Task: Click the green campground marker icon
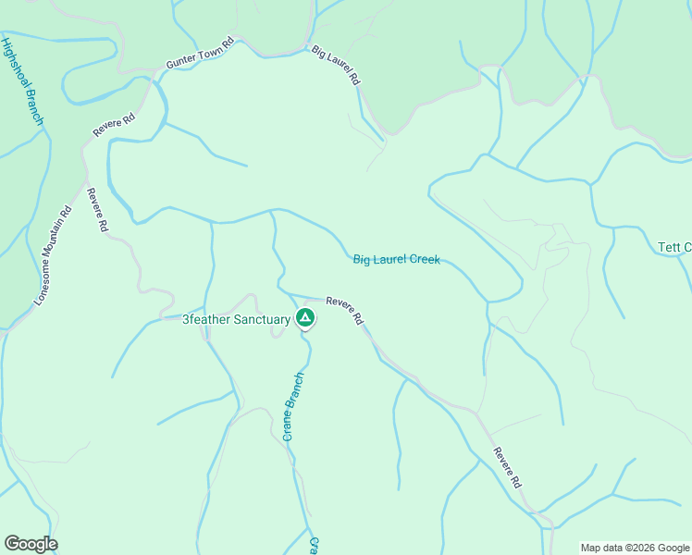pos(305,319)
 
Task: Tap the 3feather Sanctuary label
pos(236,319)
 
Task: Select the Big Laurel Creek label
pos(396,260)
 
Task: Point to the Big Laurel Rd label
pos(335,66)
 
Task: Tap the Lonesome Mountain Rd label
pos(53,255)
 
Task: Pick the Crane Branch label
pos(293,406)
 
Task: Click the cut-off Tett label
pos(674,247)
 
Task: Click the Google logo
pos(31,544)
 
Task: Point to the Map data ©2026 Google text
pos(635,548)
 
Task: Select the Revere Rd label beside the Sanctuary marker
pos(344,311)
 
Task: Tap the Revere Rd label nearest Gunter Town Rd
pos(115,125)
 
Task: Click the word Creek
pos(424,260)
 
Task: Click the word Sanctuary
pos(262,319)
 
